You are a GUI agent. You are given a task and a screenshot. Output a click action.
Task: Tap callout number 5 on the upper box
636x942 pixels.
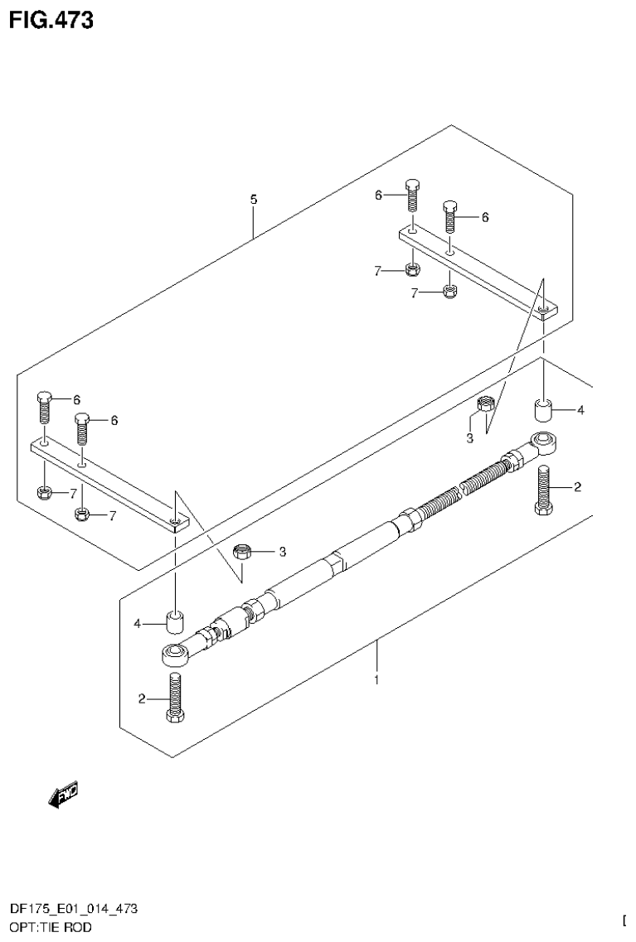click(254, 200)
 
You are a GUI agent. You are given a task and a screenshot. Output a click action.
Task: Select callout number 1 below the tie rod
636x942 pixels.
click(376, 680)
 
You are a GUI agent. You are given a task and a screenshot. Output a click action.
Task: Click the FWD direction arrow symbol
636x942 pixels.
click(63, 794)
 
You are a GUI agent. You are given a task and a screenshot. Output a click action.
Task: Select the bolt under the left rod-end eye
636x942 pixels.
click(174, 697)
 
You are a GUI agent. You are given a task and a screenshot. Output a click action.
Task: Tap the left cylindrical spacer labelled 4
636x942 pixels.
click(175, 621)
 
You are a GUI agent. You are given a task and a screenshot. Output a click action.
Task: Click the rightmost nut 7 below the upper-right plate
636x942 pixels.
click(449, 290)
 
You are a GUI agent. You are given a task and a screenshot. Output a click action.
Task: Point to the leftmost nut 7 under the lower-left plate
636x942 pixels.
click(46, 493)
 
